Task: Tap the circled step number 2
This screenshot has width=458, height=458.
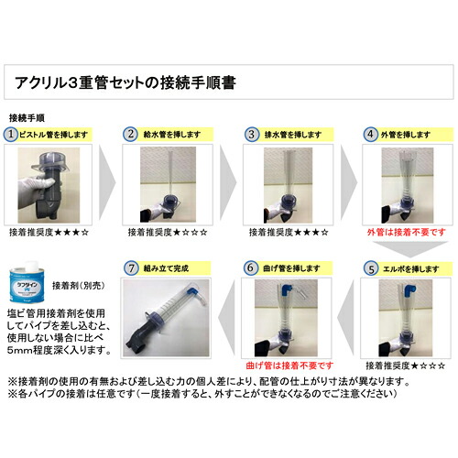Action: point(132,133)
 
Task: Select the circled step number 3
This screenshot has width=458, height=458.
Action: point(251,133)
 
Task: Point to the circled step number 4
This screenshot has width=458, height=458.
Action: point(371,133)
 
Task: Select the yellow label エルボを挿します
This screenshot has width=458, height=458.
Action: point(408,269)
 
